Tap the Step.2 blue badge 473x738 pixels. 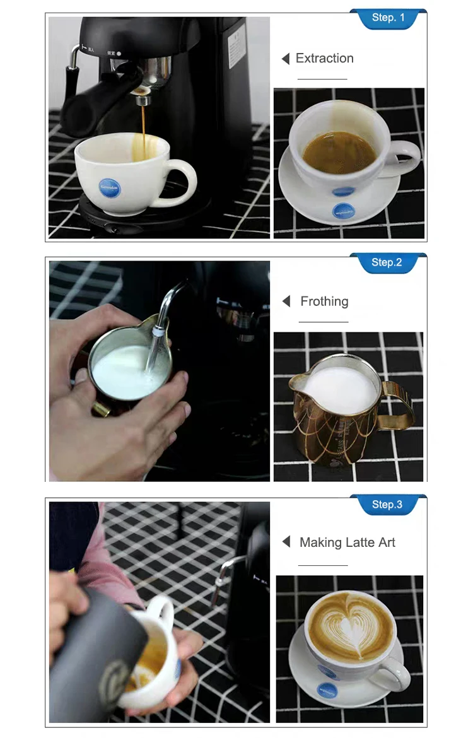point(387,262)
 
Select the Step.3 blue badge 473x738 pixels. point(387,505)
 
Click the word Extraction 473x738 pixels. point(324,59)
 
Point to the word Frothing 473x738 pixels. point(324,302)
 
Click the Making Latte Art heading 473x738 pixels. point(347,542)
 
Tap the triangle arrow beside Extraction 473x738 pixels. point(286,59)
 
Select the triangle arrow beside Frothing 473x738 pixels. point(286,302)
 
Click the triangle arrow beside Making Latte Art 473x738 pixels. point(286,542)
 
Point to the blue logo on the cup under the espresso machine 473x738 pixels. point(109,187)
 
